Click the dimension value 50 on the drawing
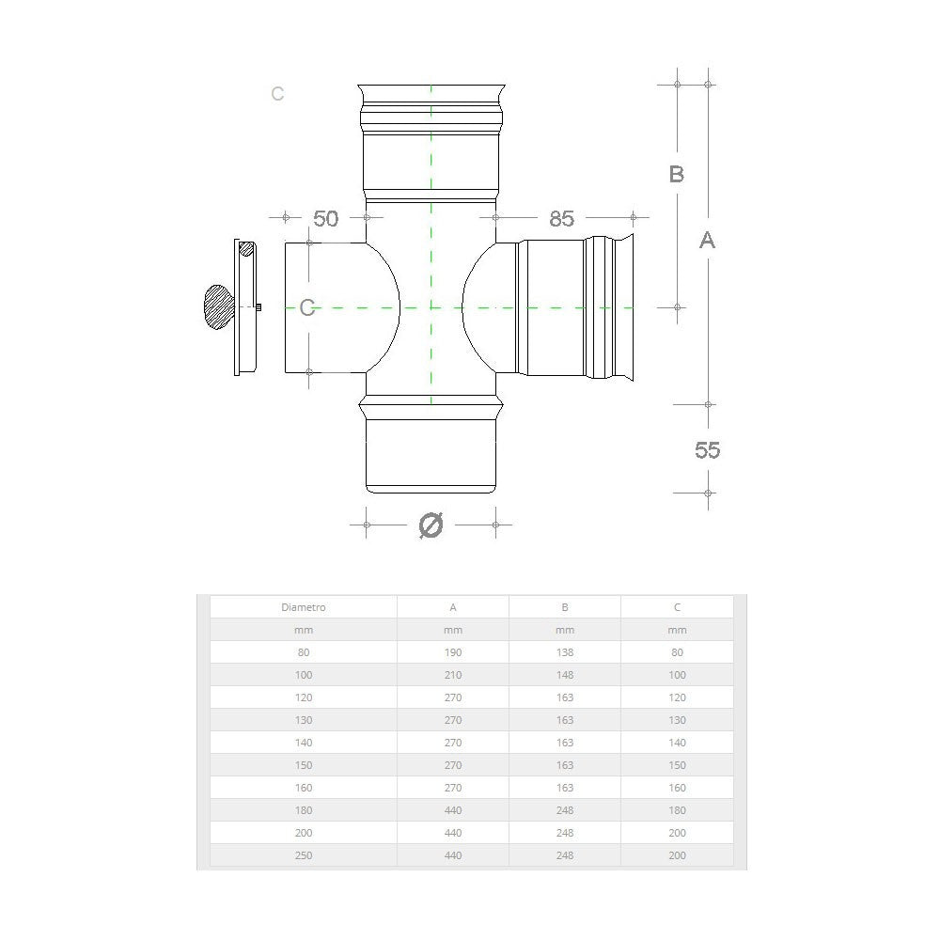click(325, 218)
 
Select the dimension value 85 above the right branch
click(561, 218)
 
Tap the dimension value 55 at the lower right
click(707, 450)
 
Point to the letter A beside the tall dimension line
click(708, 241)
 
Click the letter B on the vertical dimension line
click(676, 175)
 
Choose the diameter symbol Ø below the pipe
click(430, 525)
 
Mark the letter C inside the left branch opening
click(307, 307)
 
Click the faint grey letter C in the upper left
click(277, 94)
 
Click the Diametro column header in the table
click(303, 607)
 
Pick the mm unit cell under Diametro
click(303, 630)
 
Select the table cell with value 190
click(453, 652)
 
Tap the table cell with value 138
click(565, 652)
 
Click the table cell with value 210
click(453, 675)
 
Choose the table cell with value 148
click(565, 675)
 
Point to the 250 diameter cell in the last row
click(303, 855)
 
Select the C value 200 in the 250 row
click(677, 855)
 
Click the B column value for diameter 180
click(565, 810)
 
